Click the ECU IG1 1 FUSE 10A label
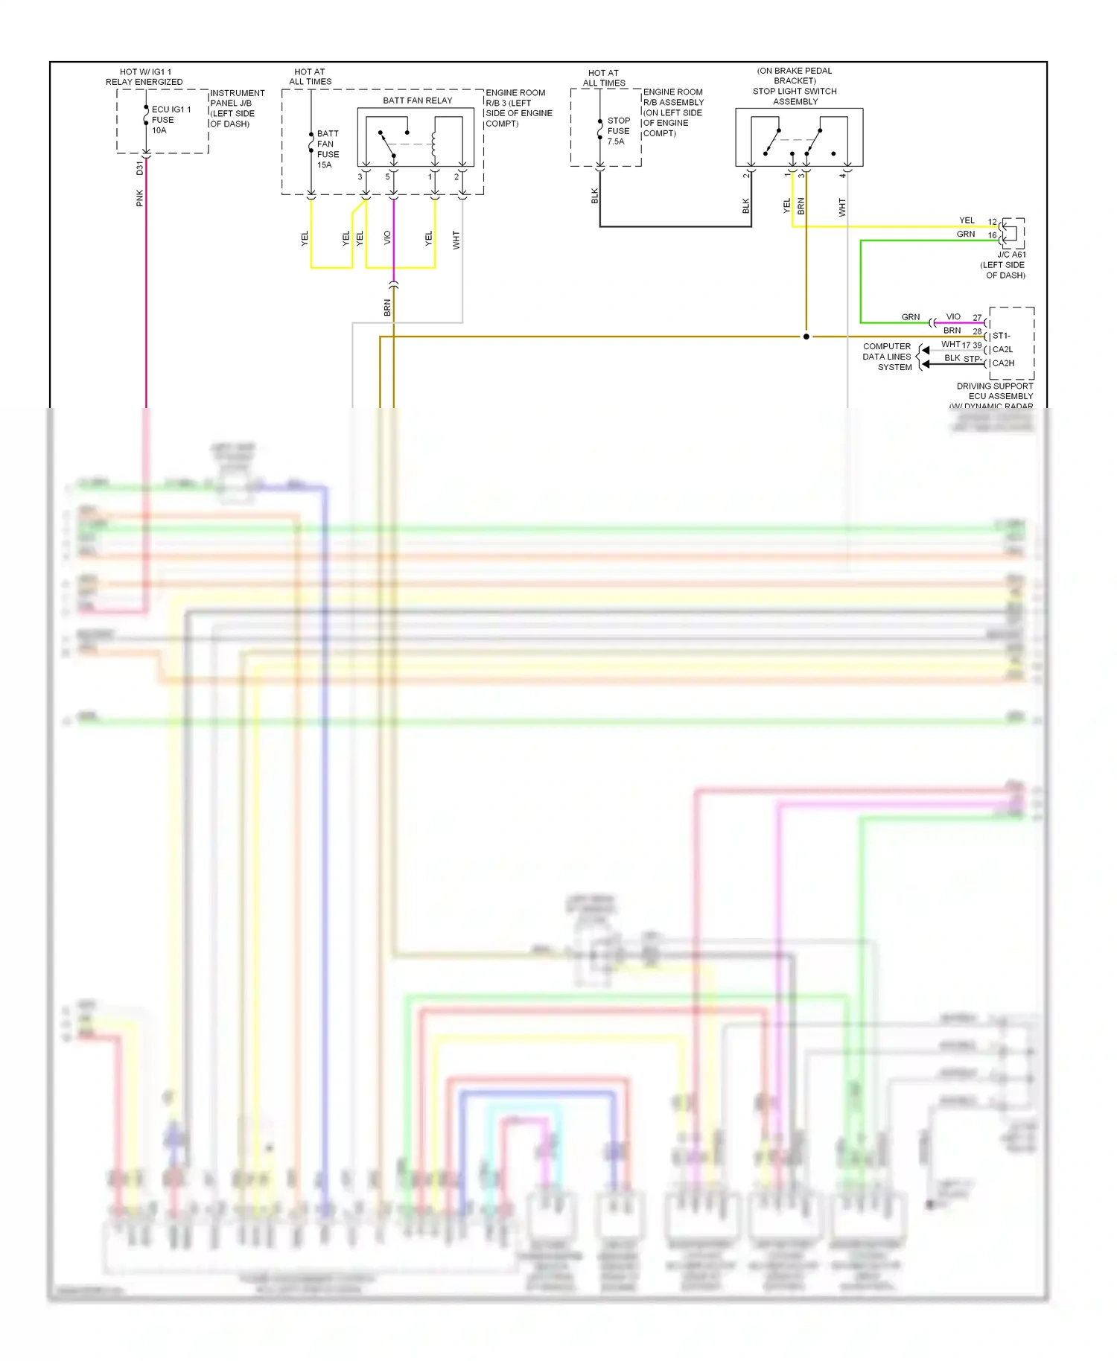tap(171, 120)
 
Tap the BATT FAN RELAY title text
tap(417, 101)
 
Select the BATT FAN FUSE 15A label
tap(328, 149)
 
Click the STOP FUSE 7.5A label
tap(618, 130)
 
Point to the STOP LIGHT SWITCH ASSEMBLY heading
tap(795, 96)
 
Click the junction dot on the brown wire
tap(806, 337)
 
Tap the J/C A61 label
tap(1011, 255)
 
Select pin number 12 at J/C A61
tap(992, 222)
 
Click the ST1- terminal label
tap(1001, 336)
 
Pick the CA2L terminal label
tap(1002, 349)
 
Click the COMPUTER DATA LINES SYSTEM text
tap(887, 357)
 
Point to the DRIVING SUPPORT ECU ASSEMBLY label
tap(995, 391)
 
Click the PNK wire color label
tap(140, 198)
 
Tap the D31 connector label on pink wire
tap(139, 168)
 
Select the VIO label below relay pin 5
tap(387, 238)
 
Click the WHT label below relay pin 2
tap(456, 240)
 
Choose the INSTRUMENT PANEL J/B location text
tap(237, 108)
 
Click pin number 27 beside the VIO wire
tap(977, 318)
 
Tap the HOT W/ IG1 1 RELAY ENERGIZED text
tap(144, 77)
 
